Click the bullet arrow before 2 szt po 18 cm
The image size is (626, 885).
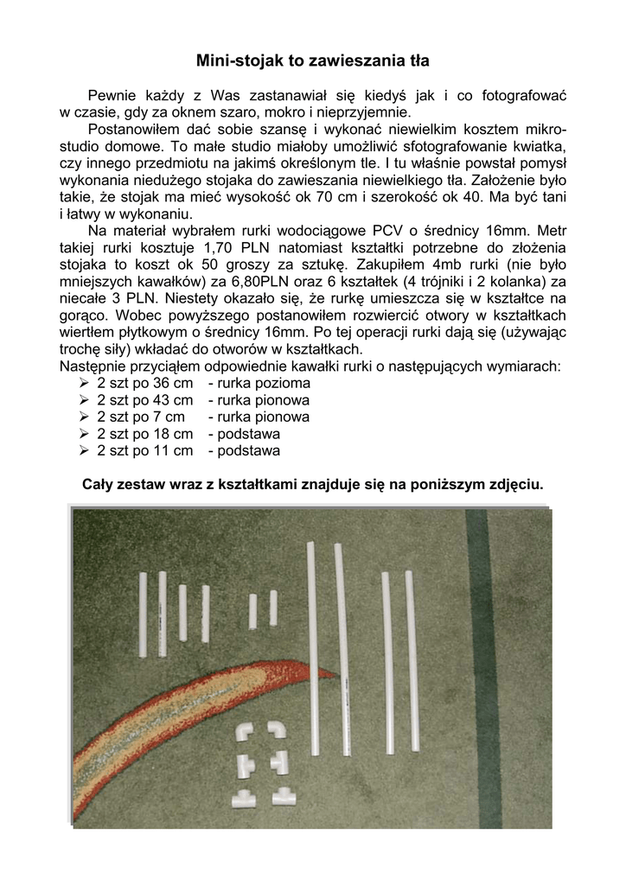click(x=84, y=434)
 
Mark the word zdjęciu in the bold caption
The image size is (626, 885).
click(x=512, y=484)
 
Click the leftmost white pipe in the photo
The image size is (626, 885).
click(x=143, y=614)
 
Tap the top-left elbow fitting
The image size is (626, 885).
click(x=245, y=733)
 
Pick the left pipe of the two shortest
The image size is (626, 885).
click(x=252, y=611)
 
